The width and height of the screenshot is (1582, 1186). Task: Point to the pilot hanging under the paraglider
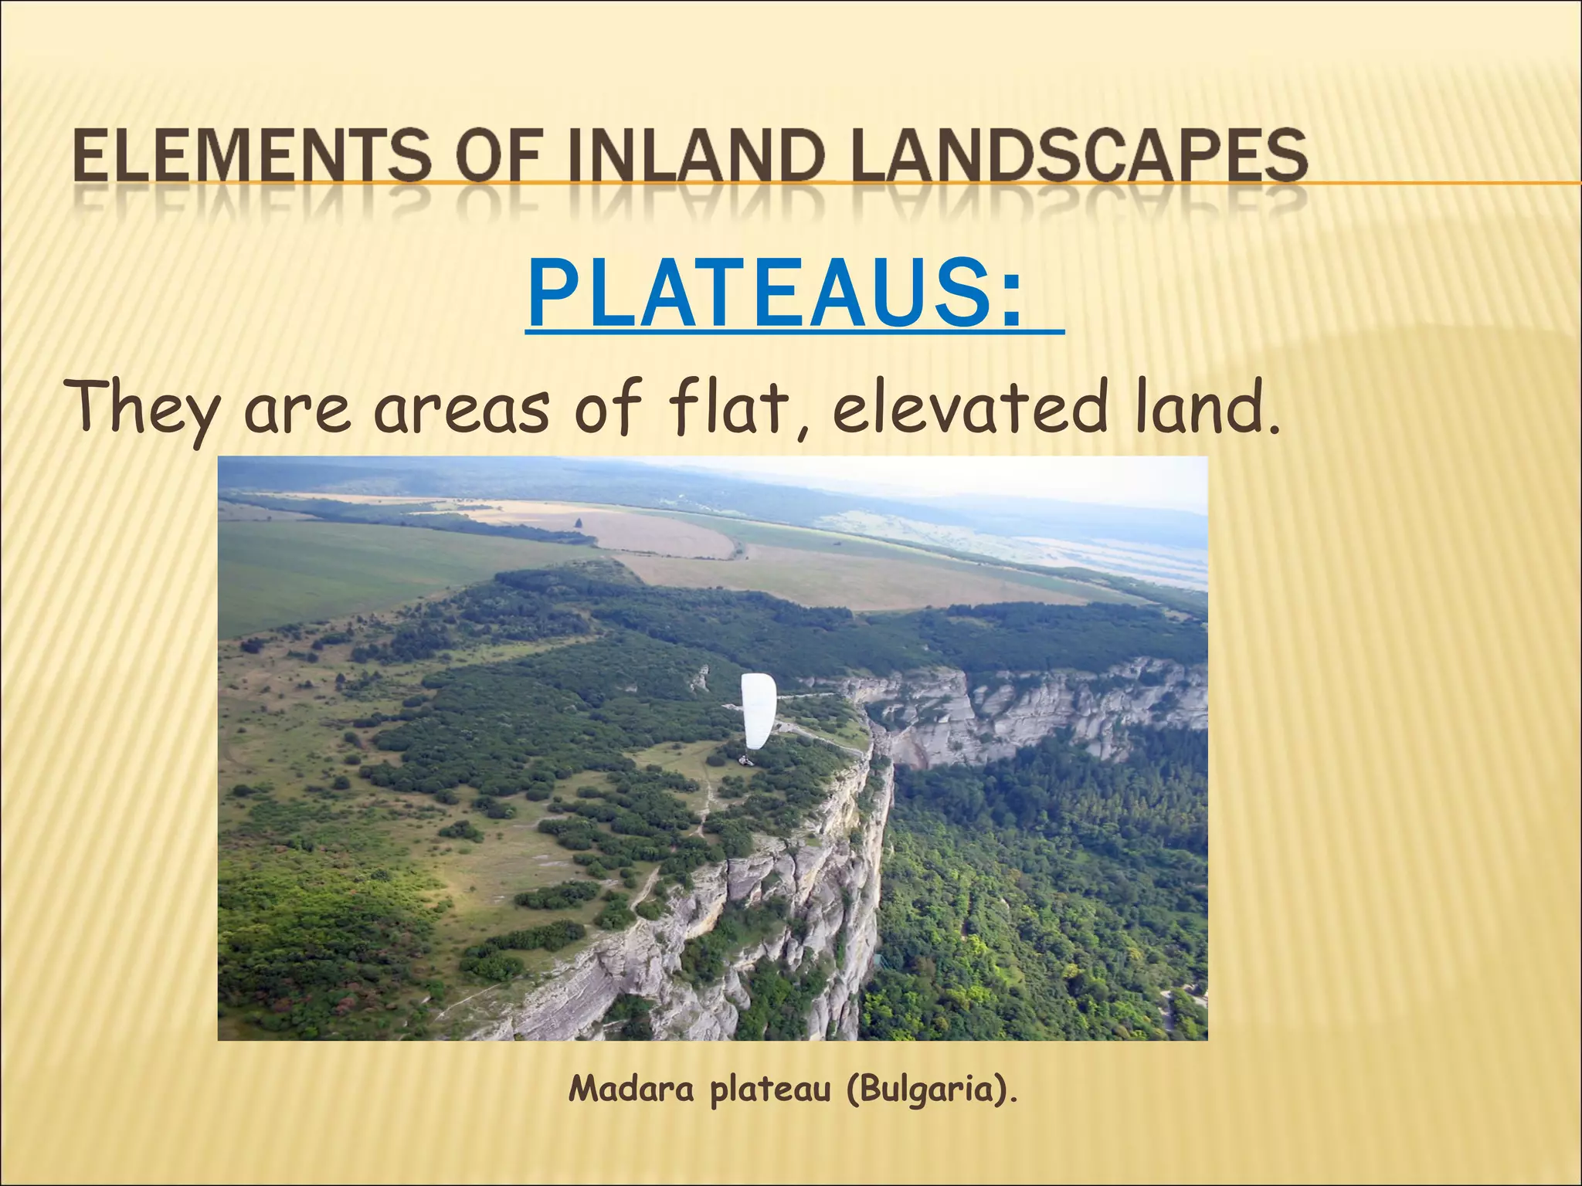coord(746,761)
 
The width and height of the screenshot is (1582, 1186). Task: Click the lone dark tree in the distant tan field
coord(577,524)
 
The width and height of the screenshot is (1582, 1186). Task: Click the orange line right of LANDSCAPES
coord(1445,183)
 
